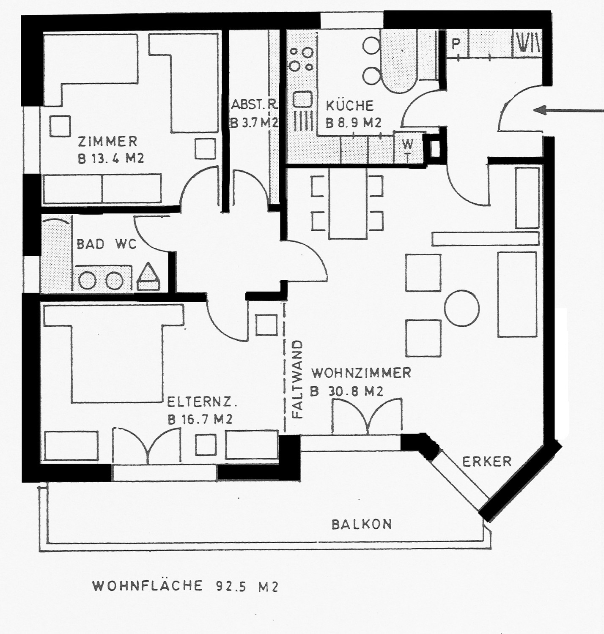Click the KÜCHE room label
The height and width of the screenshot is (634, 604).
(x=350, y=106)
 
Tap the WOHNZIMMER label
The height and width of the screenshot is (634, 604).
(x=361, y=373)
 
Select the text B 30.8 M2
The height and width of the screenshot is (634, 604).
(x=347, y=392)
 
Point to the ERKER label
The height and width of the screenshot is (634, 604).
(x=487, y=462)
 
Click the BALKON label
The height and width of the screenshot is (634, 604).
(x=362, y=525)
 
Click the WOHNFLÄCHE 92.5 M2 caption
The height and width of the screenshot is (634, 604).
(x=185, y=586)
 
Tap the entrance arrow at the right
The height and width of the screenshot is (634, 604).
(x=568, y=111)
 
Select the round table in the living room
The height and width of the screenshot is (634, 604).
(x=461, y=308)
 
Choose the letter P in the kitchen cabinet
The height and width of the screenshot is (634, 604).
(x=456, y=43)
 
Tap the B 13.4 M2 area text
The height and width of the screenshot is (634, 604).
(x=111, y=159)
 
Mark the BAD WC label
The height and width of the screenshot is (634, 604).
(x=107, y=244)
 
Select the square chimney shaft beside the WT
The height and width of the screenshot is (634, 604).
(x=435, y=148)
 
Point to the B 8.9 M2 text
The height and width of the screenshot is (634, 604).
(x=354, y=123)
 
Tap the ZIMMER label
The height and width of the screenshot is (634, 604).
(x=108, y=142)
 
